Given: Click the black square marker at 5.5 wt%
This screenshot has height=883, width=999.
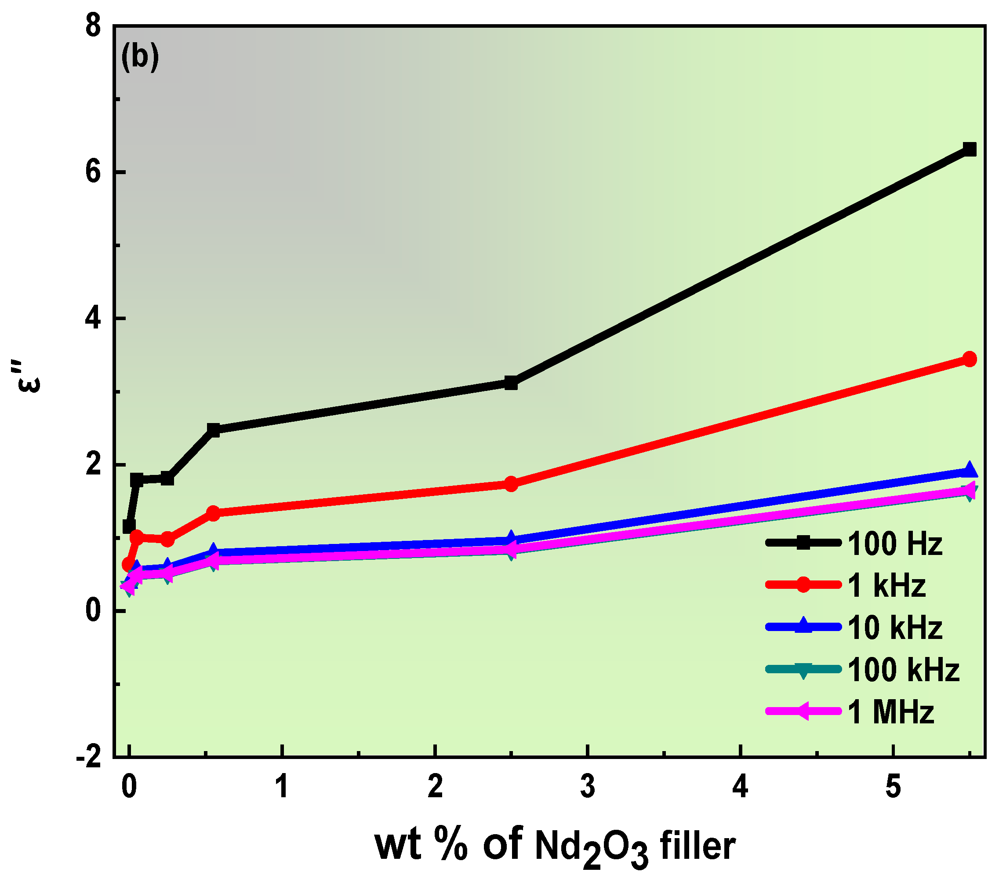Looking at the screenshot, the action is (969, 149).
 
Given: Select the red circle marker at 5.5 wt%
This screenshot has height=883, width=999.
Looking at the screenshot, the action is (969, 359).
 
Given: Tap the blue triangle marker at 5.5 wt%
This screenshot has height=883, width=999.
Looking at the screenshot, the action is (969, 471).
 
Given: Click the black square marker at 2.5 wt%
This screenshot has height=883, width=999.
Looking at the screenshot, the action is (511, 383).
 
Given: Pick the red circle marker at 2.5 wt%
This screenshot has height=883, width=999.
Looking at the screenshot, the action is (511, 484).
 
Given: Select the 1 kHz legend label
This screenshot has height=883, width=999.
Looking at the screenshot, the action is (886, 586).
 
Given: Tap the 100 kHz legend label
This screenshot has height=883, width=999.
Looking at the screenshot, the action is (903, 670).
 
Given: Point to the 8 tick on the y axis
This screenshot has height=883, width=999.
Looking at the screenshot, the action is (93, 26).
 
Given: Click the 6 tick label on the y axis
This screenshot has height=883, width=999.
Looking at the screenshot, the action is (93, 172).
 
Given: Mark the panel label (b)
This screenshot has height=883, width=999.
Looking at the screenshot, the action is (140, 58).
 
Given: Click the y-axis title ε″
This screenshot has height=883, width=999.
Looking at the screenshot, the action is (27, 376).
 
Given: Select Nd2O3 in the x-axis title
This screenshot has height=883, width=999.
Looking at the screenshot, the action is (592, 848).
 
